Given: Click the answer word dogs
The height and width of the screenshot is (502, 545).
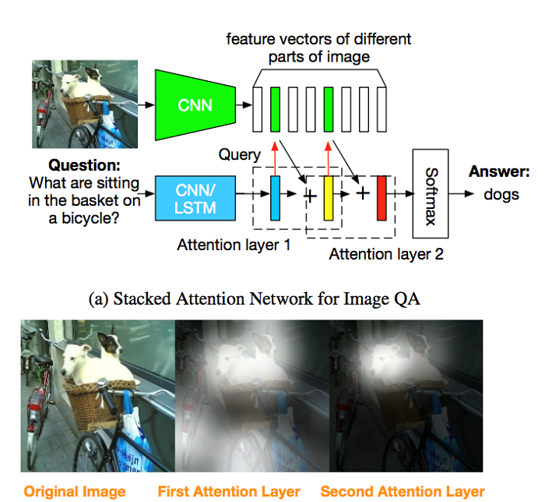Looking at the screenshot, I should [501, 194].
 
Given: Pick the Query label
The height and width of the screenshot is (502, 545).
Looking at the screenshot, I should [239, 155].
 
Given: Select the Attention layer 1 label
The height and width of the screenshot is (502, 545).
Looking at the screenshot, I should [234, 245].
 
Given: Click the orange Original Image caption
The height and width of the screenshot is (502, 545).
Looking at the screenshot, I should [75, 491].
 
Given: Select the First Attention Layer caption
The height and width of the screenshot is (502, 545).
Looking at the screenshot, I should [229, 491].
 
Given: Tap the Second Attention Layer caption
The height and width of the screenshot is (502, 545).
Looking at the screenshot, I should [403, 491].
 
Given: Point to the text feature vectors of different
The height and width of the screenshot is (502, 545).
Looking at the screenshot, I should [318, 38].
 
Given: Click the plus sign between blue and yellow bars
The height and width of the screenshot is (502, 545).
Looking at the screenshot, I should [309, 195].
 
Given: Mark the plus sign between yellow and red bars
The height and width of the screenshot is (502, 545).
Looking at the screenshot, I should [362, 193].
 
